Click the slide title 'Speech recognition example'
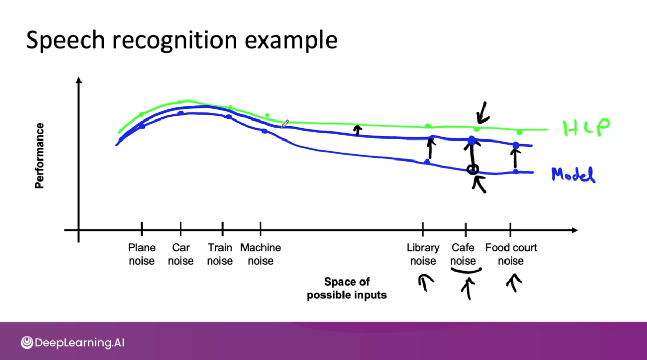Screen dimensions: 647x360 [181, 40]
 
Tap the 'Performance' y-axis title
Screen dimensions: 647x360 [39, 155]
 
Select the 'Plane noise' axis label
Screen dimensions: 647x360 [141, 254]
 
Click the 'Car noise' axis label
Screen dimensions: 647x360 [180, 254]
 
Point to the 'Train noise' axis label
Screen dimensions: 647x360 [220, 254]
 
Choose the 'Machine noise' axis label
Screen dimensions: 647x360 [260, 254]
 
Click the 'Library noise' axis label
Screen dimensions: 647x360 [423, 254]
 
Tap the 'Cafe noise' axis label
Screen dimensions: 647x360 [463, 254]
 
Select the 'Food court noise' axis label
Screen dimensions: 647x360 [511, 254]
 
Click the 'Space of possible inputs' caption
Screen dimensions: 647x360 [347, 288]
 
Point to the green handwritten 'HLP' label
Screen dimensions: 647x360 [587, 128]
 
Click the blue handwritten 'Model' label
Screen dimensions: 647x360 [573, 175]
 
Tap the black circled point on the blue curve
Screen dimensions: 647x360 [473, 169]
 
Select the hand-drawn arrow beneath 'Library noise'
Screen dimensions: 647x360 [425, 283]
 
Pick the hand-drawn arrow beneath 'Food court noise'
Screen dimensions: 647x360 [513, 282]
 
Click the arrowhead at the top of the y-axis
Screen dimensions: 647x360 [79, 81]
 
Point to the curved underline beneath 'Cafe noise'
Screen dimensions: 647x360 [466, 270]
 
